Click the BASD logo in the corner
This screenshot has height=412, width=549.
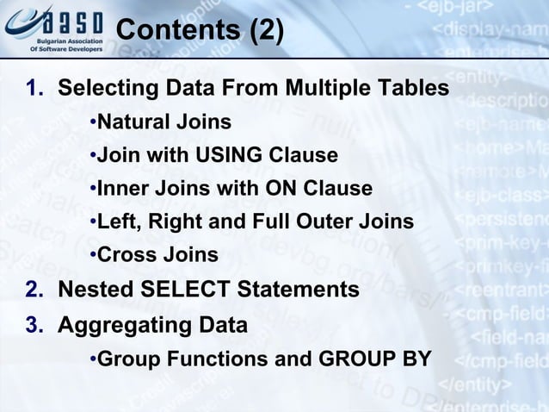point(53,28)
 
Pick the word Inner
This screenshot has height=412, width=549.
point(123,189)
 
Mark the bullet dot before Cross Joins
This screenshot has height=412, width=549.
point(92,256)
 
